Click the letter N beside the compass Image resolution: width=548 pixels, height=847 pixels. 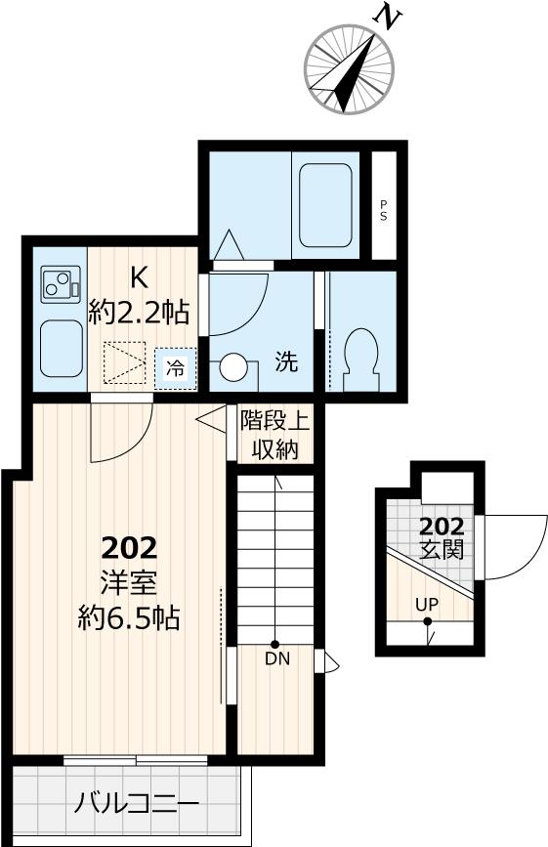pyautogui.click(x=389, y=17)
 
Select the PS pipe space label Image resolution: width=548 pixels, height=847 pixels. pyautogui.click(x=384, y=209)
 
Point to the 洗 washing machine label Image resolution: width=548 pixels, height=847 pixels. pyautogui.click(x=285, y=361)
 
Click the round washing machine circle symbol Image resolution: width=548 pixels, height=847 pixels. pyautogui.click(x=234, y=367)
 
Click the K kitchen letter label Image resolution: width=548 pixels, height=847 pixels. pyautogui.click(x=139, y=277)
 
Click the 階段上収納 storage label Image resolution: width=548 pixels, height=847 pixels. pyautogui.click(x=274, y=435)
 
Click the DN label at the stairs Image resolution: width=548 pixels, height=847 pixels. pyautogui.click(x=276, y=657)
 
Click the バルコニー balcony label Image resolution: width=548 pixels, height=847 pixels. pyautogui.click(x=137, y=804)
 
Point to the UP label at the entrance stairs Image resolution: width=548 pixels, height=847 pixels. pyautogui.click(x=427, y=604)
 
